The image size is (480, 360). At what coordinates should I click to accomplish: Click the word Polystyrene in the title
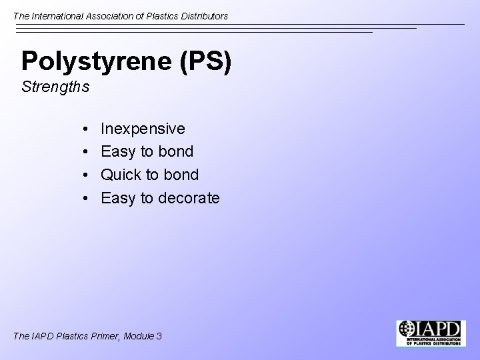pos(97,61)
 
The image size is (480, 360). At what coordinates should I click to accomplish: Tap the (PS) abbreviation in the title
pos(206,61)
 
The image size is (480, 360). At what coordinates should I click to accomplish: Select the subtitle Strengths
pos(55,87)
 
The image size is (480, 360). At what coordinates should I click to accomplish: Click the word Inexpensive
pos(143,128)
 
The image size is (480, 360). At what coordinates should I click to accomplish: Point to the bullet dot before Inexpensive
pos(88,129)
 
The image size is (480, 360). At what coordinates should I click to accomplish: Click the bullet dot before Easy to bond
pos(88,152)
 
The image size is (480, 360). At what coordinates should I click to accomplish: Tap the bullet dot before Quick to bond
pos(88,175)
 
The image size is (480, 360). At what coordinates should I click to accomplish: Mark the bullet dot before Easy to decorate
pos(88,199)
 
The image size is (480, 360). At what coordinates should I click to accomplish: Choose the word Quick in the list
pos(121,175)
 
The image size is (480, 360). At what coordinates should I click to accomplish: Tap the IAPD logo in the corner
pos(431,333)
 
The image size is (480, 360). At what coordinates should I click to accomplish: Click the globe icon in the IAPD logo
pos(406,329)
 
